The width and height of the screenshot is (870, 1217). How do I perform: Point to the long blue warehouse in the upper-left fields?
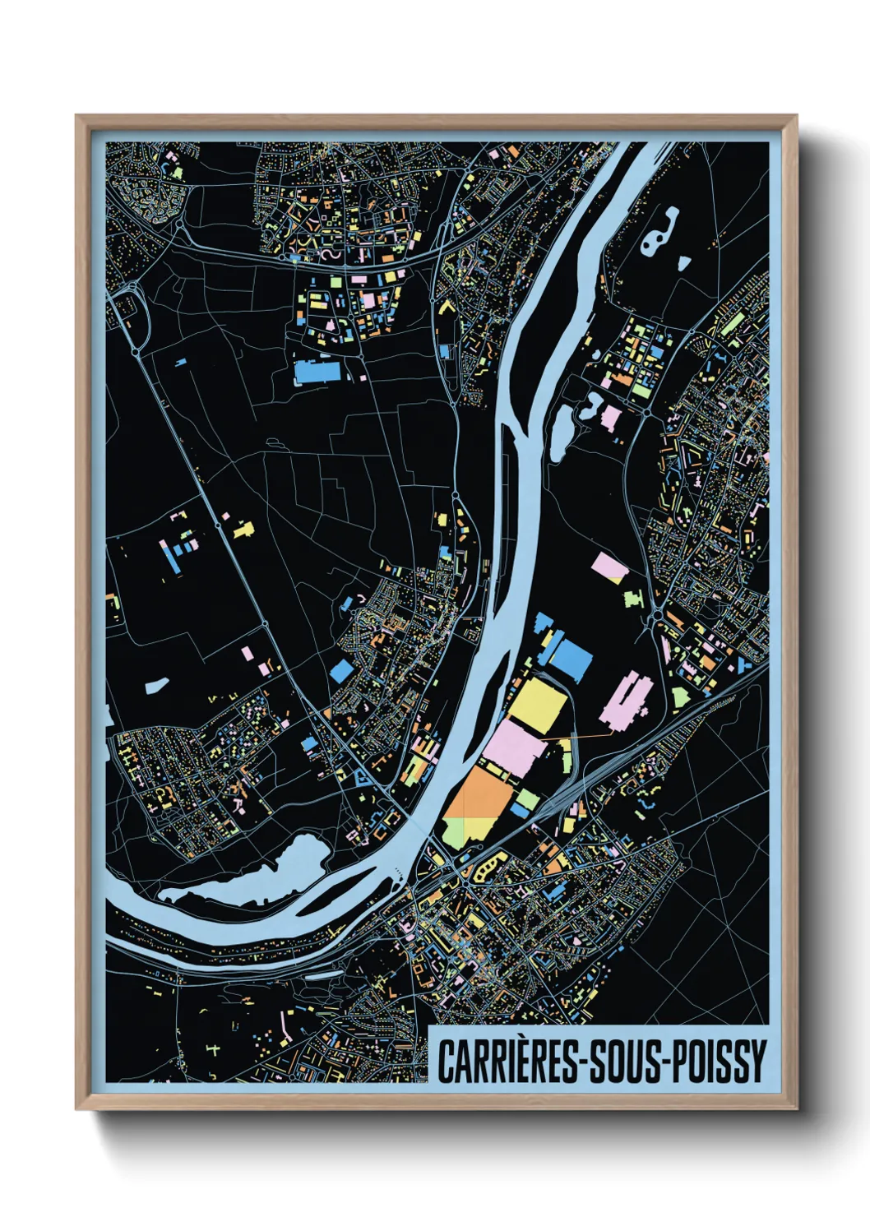tap(317, 372)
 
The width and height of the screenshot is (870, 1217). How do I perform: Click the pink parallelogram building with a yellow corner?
tap(610, 567)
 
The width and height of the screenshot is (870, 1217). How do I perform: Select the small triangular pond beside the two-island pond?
tap(683, 263)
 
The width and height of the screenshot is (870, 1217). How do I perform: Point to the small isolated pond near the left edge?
tap(156, 684)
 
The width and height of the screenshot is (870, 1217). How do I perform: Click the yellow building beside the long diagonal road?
tap(243, 530)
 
